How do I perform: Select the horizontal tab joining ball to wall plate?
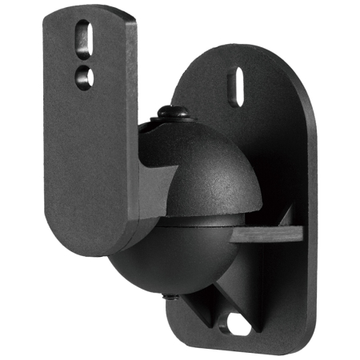(268, 234)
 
